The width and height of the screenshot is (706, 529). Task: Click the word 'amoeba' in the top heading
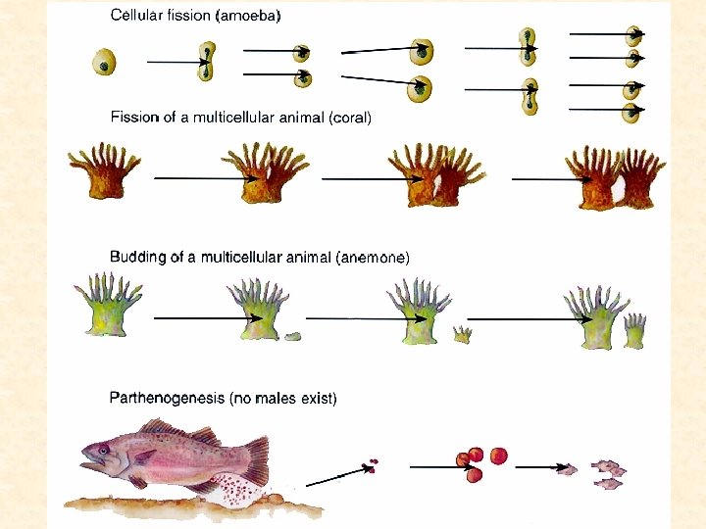(x=252, y=17)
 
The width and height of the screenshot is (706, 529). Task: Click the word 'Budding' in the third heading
(x=137, y=257)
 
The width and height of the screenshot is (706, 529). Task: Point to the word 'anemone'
(x=373, y=258)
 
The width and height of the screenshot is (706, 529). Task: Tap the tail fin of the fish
(x=253, y=459)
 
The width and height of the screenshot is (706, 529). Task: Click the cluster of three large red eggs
(x=480, y=462)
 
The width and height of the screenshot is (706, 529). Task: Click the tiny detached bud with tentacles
(x=462, y=334)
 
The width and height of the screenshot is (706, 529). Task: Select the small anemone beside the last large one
(x=635, y=330)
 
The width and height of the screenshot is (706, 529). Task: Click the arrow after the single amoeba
(x=176, y=63)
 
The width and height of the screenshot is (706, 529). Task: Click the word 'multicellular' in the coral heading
(x=230, y=117)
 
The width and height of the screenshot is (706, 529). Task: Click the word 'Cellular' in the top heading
(x=136, y=17)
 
